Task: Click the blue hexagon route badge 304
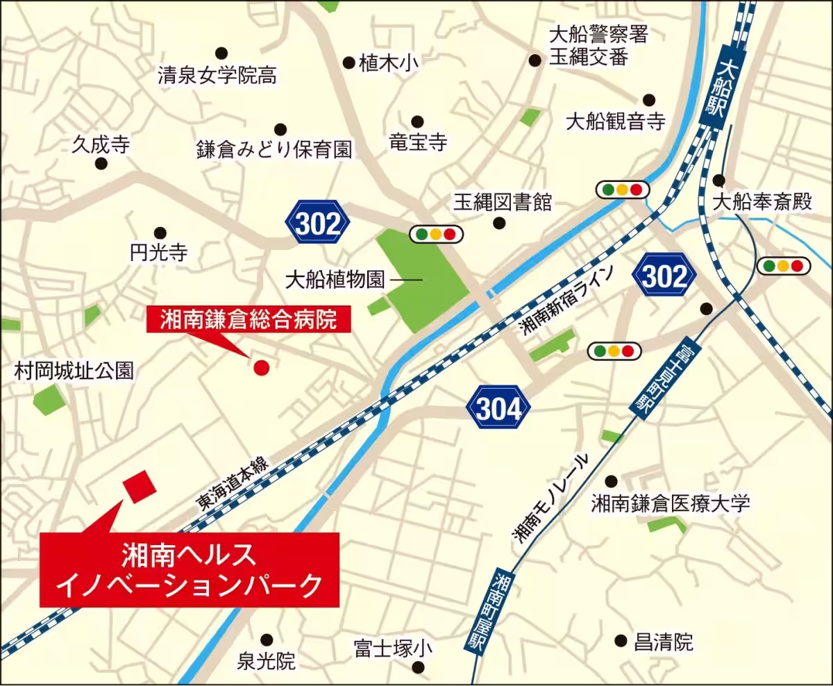click(498, 410)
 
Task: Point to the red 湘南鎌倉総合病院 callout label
click(249, 319)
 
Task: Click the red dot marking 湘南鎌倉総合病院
click(261, 367)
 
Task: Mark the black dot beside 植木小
click(348, 62)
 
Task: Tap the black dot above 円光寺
click(160, 232)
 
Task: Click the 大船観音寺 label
click(616, 122)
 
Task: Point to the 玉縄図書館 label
click(503, 202)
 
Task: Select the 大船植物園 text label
click(335, 281)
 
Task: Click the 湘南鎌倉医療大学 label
click(670, 503)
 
